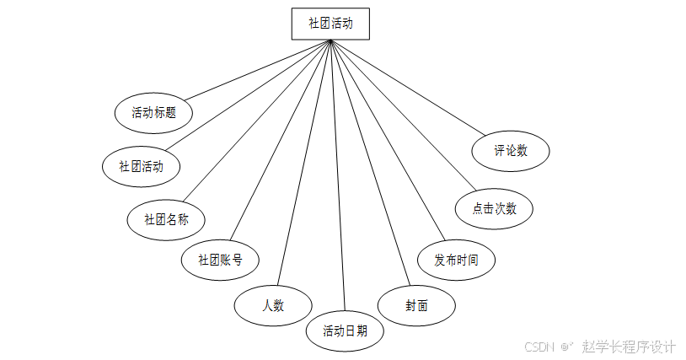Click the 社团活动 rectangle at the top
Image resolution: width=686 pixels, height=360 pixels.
[330, 24]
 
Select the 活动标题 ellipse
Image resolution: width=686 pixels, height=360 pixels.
[153, 112]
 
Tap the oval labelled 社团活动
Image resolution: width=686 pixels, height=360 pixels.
[141, 166]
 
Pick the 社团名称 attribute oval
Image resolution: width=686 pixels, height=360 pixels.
[166, 219]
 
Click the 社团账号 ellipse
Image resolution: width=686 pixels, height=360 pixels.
[220, 260]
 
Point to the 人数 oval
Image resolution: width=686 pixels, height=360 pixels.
[273, 304]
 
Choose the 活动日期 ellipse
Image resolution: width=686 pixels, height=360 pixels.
[344, 330]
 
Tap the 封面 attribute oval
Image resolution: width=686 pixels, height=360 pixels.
[416, 305]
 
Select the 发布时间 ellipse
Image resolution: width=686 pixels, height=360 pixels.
[456, 260]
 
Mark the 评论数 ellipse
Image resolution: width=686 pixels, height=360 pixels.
[511, 151]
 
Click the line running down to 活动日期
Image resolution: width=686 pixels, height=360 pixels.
[337, 177]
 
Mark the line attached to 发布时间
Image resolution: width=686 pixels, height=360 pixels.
[386, 140]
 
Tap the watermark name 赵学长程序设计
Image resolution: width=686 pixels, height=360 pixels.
[629, 347]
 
